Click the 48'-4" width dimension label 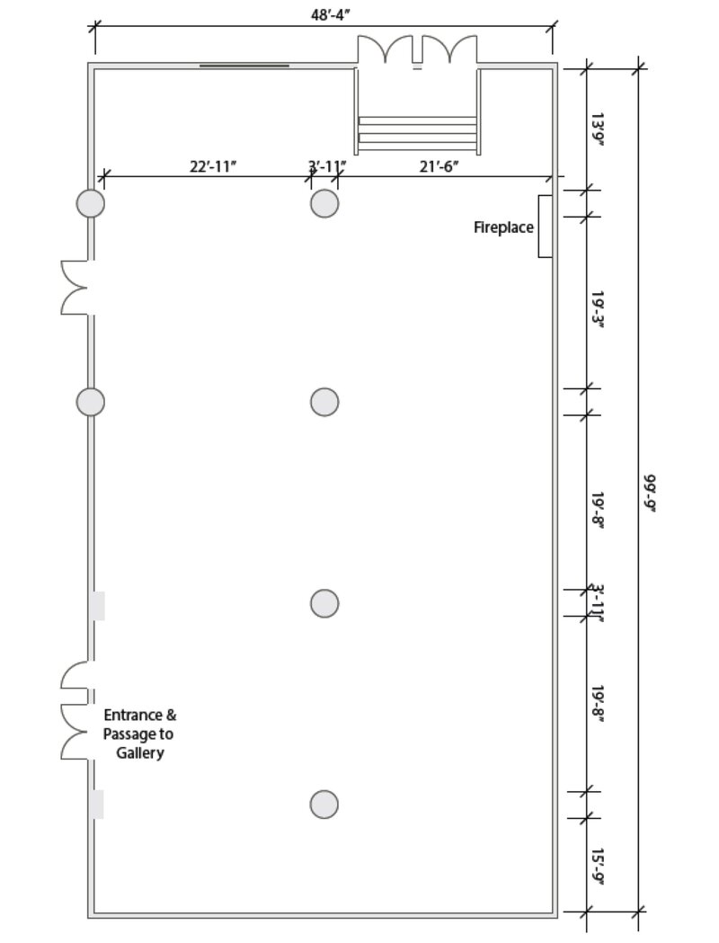pyautogui.click(x=330, y=15)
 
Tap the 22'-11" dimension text pyautogui.click(x=213, y=166)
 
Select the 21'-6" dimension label pyautogui.click(x=439, y=166)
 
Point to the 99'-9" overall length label pyautogui.click(x=651, y=494)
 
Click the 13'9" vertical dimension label pyautogui.click(x=598, y=129)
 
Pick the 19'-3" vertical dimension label pyautogui.click(x=598, y=310)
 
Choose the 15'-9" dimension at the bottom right pyautogui.click(x=598, y=867)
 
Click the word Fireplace pyautogui.click(x=503, y=227)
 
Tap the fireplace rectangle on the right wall pyautogui.click(x=545, y=227)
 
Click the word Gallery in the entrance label pyautogui.click(x=140, y=753)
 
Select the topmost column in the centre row pyautogui.click(x=324, y=203)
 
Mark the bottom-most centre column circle pyautogui.click(x=324, y=804)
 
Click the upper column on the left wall pyautogui.click(x=90, y=203)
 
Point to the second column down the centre pyautogui.click(x=324, y=402)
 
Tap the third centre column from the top pyautogui.click(x=324, y=603)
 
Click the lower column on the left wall pyautogui.click(x=90, y=402)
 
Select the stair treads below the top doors pyautogui.click(x=418, y=129)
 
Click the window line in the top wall pyautogui.click(x=244, y=66)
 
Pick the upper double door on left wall pyautogui.click(x=75, y=288)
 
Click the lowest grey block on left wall pyautogui.click(x=97, y=805)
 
